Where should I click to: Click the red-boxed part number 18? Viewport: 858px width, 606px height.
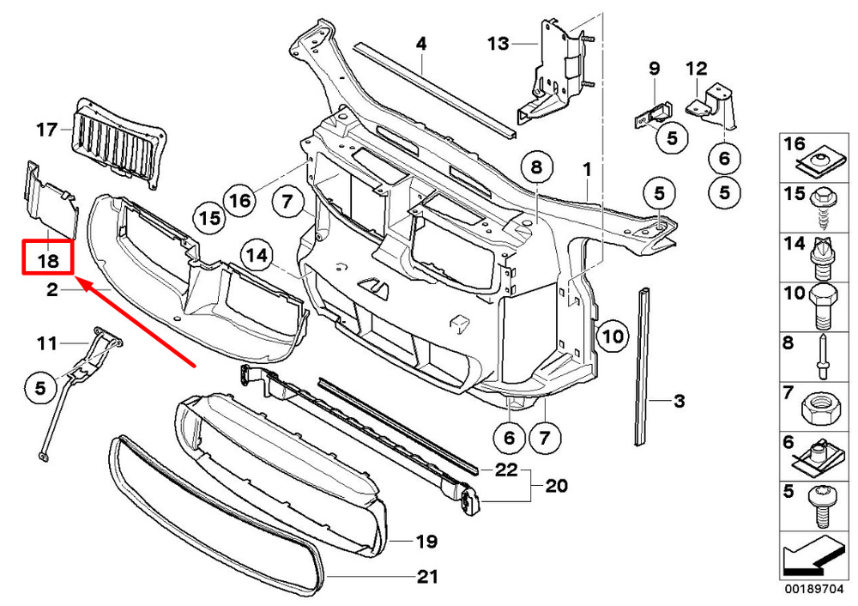46,258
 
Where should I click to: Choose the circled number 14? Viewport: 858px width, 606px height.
255,255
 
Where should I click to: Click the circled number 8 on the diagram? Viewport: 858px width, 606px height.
536,167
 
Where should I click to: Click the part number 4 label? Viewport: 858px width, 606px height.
421,43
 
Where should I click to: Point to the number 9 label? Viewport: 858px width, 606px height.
653,68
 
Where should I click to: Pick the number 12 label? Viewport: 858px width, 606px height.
696,68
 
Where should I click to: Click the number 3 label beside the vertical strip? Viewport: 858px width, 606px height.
679,400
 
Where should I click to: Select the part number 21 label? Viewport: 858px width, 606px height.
426,577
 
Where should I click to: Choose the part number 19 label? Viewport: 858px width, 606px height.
426,542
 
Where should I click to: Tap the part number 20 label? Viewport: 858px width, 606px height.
556,487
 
